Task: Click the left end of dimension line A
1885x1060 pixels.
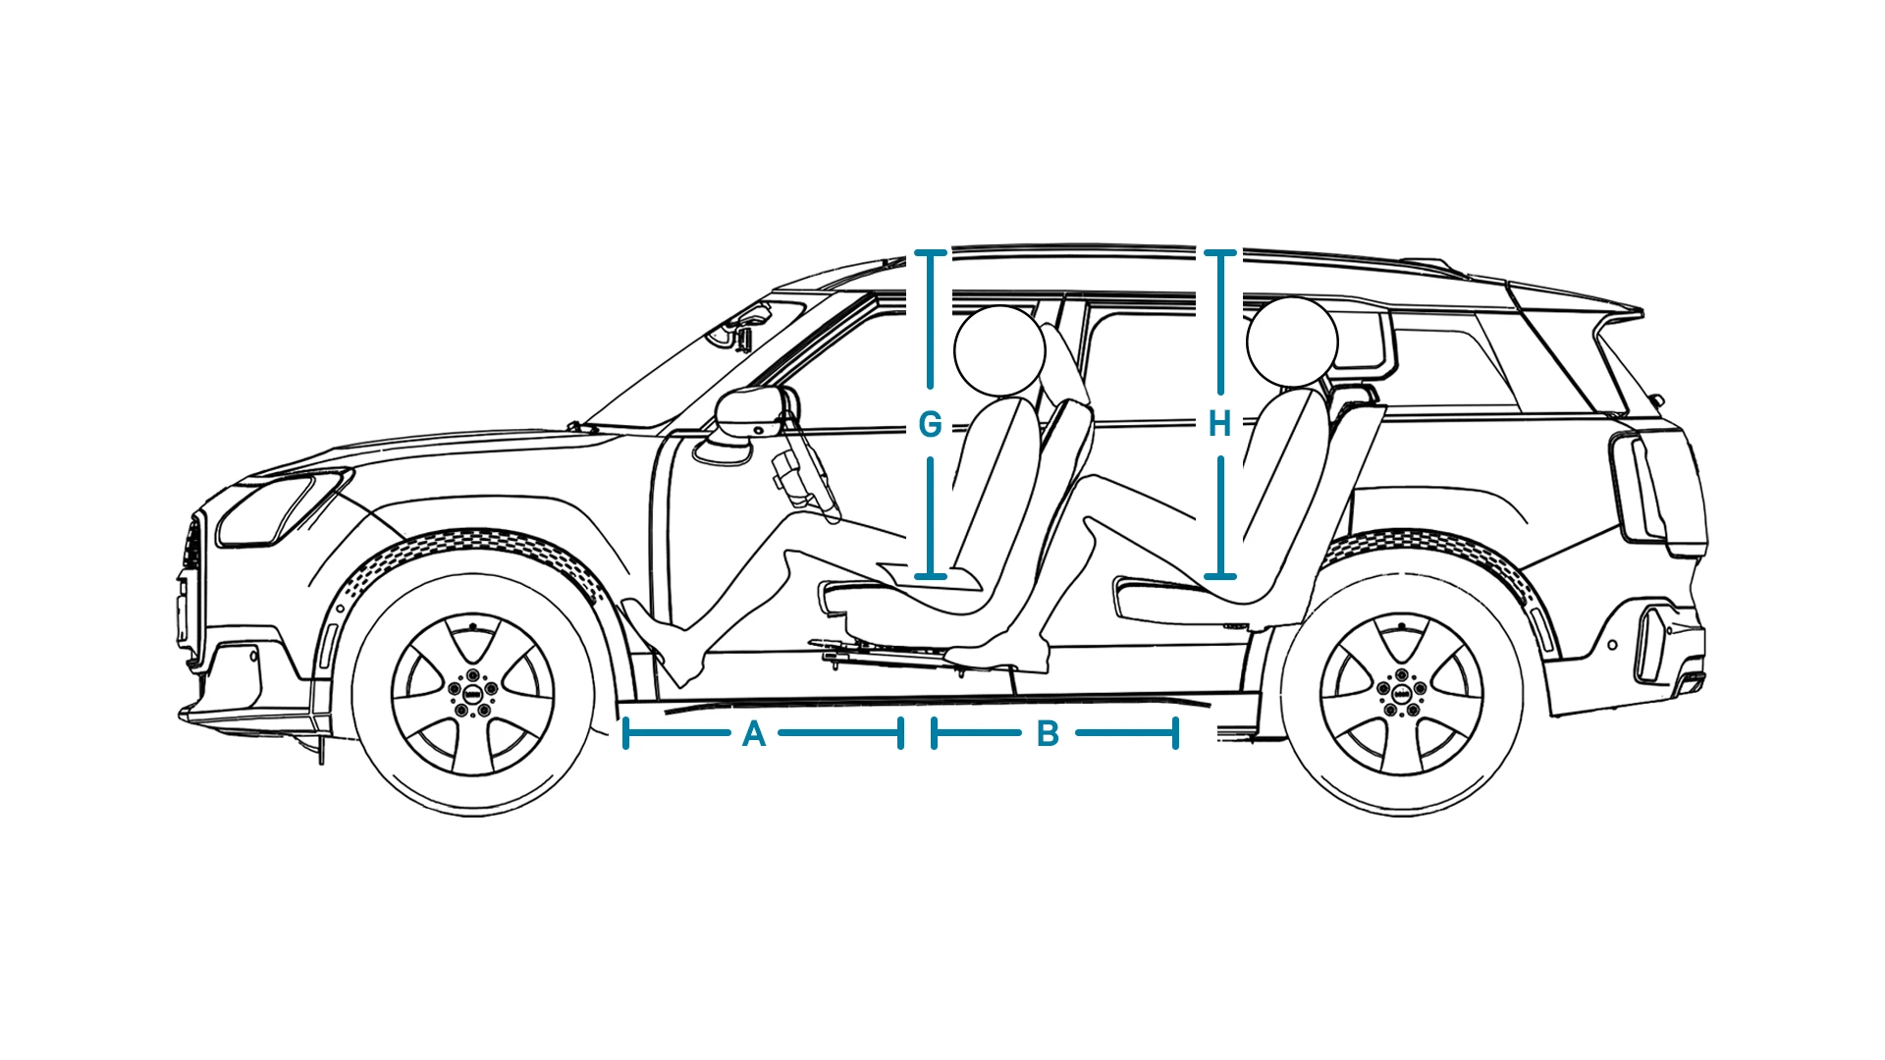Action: [x=625, y=733]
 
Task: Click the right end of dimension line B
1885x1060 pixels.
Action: [x=1175, y=733]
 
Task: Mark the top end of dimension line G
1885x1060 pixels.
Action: [x=930, y=253]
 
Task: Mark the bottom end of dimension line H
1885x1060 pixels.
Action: [x=1220, y=576]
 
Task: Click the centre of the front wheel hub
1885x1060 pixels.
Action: [x=473, y=693]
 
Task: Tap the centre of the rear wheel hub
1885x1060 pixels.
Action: [x=1401, y=693]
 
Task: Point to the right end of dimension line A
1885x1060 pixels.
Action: [x=900, y=733]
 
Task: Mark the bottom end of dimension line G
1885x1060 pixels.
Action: [x=930, y=576]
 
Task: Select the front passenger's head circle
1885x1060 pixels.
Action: [x=999, y=350]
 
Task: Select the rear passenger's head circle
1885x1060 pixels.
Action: [x=1292, y=343]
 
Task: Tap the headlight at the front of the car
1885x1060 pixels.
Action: [x=282, y=507]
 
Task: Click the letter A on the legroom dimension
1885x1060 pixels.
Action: [x=754, y=734]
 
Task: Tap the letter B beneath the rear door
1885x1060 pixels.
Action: [x=1048, y=734]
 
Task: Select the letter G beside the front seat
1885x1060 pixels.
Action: [x=930, y=424]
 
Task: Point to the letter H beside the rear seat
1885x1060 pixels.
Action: [x=1219, y=424]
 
